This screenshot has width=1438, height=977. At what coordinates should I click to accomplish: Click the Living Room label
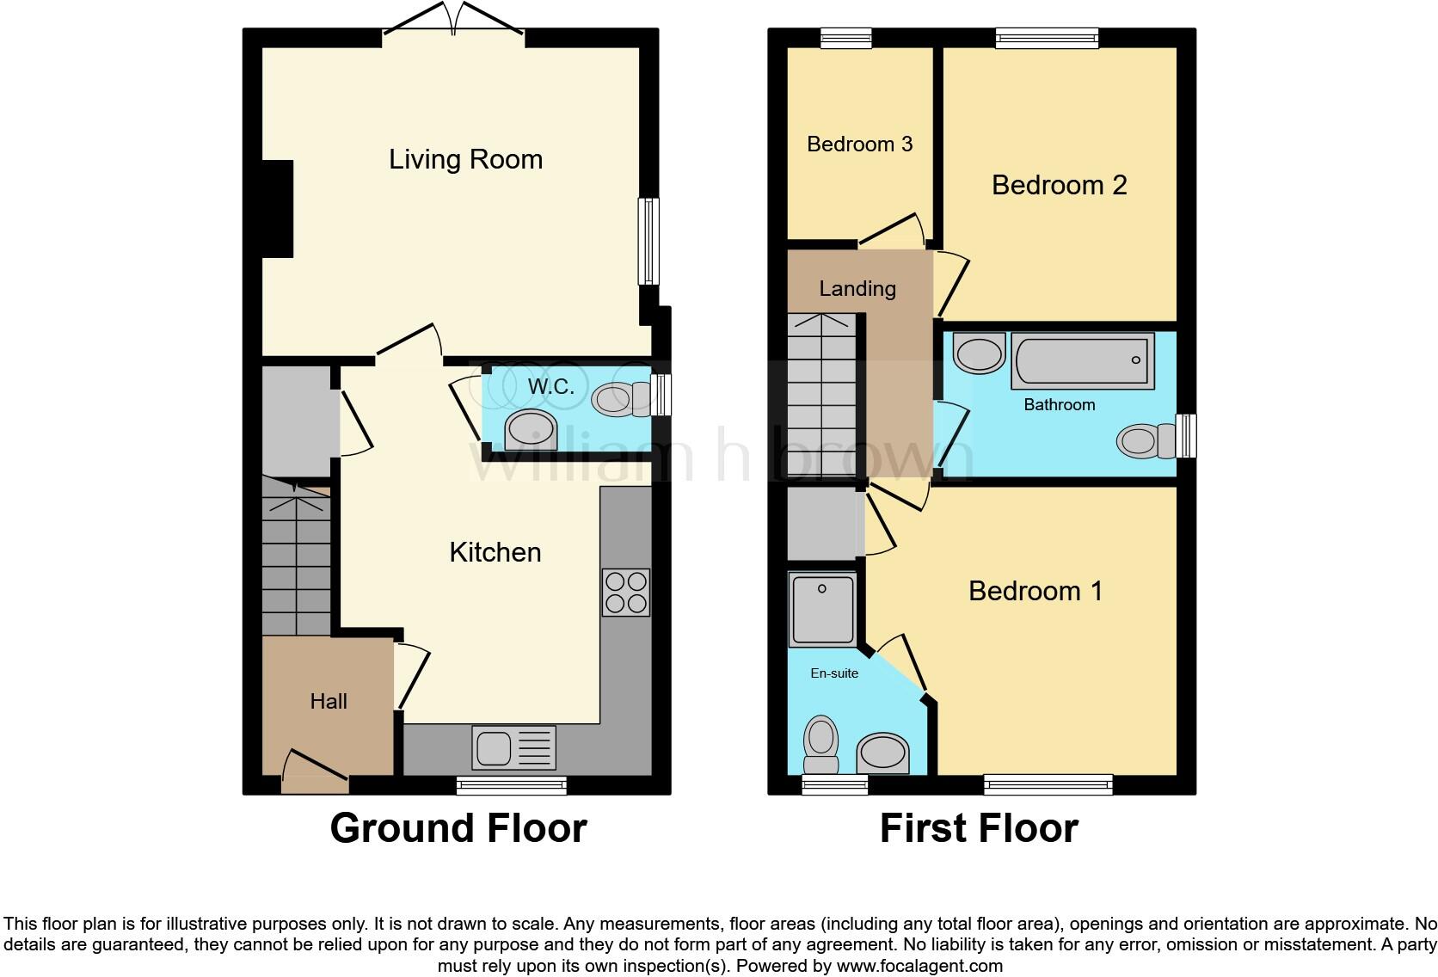[x=465, y=159]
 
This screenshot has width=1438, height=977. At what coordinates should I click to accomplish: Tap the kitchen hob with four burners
[x=625, y=592]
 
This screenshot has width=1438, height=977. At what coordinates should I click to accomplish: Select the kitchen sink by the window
[x=513, y=747]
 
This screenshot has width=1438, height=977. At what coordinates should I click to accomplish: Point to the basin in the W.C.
[x=531, y=429]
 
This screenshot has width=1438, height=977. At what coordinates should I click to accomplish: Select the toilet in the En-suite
[x=821, y=745]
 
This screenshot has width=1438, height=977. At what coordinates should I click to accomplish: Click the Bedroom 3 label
[x=859, y=144]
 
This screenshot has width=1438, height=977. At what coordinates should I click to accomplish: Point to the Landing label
[x=857, y=289]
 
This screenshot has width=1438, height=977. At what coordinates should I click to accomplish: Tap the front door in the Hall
[x=315, y=771]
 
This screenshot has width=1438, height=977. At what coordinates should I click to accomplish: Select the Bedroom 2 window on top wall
[x=1047, y=37]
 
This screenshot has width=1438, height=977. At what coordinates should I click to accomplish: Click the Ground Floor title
[x=458, y=827]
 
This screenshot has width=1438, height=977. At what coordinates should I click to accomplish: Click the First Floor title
[x=978, y=827]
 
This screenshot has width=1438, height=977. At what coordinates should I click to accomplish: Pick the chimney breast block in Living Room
[x=277, y=209]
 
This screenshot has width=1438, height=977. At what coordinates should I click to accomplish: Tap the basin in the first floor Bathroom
[x=979, y=354]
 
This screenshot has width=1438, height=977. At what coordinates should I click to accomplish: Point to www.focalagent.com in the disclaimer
[x=919, y=966]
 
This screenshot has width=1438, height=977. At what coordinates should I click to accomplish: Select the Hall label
[x=328, y=701]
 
